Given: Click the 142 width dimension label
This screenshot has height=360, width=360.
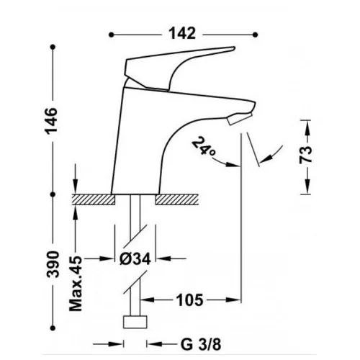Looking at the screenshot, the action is pos(182,33).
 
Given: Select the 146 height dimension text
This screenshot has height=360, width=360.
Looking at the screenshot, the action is pos(52,121).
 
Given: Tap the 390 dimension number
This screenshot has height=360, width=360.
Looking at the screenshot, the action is pos(53,264).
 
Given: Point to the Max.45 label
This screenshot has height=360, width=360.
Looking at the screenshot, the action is pos(76,284).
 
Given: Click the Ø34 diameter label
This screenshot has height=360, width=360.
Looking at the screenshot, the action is pos(135,258).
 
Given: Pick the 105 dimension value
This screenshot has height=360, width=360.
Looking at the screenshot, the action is pos(189,300).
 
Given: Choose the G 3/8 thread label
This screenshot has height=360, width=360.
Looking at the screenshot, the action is pos(201,345).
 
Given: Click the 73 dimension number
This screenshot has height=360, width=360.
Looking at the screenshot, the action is pos(305,155).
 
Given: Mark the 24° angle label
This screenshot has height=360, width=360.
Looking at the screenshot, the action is pos(204,146).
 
